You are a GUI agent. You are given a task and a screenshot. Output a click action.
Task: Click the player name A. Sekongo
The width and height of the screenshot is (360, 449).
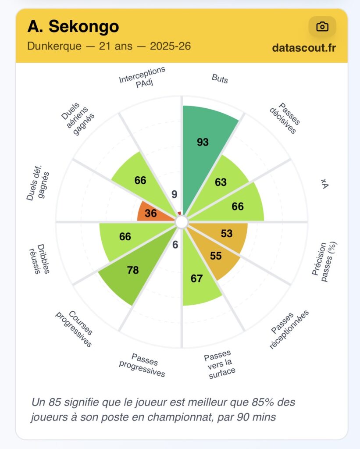[73, 27]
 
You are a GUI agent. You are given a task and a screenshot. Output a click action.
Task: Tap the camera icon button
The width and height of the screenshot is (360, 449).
[322, 27]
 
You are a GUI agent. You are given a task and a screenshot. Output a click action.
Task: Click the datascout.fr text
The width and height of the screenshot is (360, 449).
[304, 48]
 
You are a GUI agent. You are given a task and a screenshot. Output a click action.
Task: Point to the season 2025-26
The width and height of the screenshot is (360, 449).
[170, 46]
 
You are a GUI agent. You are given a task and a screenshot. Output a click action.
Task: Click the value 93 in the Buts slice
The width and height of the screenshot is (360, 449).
[203, 142]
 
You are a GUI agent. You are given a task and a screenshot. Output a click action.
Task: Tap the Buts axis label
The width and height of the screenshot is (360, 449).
[220, 78]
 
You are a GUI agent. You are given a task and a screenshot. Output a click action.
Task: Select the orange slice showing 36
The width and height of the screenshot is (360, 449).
[151, 213]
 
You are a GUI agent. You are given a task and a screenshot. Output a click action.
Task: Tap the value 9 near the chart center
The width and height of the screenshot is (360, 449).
[174, 194]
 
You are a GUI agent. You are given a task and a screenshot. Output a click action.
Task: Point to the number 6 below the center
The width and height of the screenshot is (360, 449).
[175, 245]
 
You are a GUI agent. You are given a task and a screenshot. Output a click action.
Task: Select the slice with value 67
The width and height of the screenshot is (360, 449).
[197, 279]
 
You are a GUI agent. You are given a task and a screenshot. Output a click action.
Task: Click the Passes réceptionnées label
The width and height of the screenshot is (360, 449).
[289, 329]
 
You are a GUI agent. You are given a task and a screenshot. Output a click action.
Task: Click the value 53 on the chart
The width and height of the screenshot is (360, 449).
[226, 234]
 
